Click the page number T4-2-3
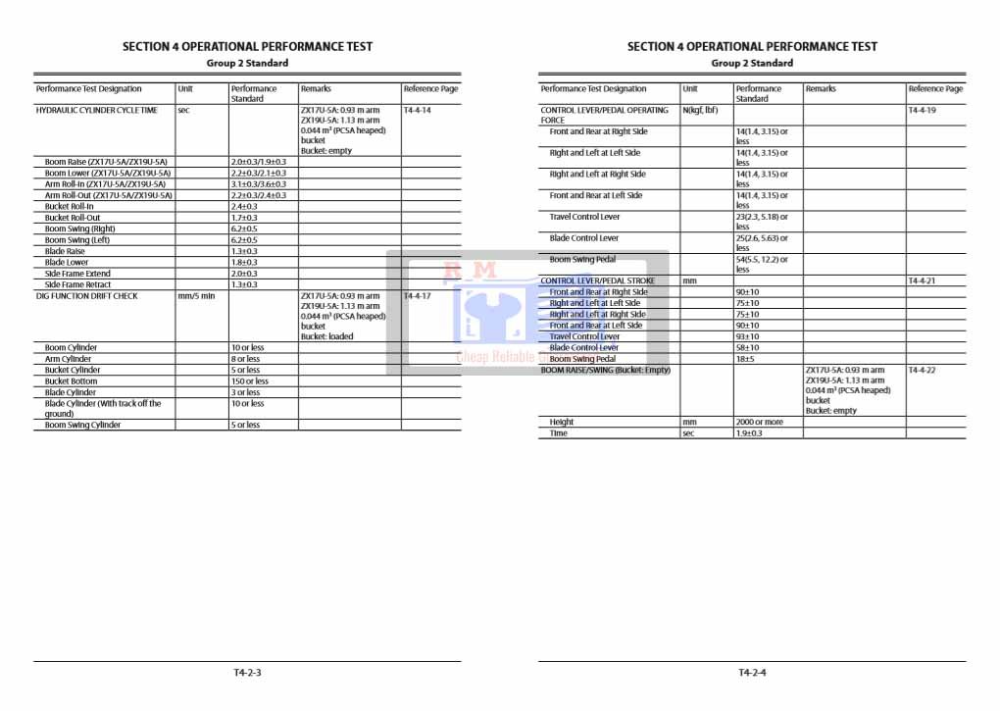(x=247, y=673)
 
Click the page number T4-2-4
(x=752, y=673)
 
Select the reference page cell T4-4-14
(x=417, y=111)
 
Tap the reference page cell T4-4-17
(x=417, y=296)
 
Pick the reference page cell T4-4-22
(x=922, y=371)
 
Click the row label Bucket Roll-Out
(x=73, y=218)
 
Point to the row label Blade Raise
(x=65, y=251)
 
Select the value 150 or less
(x=249, y=381)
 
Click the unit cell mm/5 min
(x=196, y=296)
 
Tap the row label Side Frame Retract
(x=78, y=284)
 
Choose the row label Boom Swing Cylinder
(x=83, y=426)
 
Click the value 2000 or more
(x=760, y=422)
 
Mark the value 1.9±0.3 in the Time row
(x=749, y=432)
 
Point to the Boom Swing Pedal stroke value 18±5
(x=746, y=359)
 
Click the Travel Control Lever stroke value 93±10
(x=748, y=336)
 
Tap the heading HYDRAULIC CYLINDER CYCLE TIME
(x=96, y=111)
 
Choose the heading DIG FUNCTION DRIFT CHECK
(x=87, y=296)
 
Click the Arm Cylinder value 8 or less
(x=246, y=359)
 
